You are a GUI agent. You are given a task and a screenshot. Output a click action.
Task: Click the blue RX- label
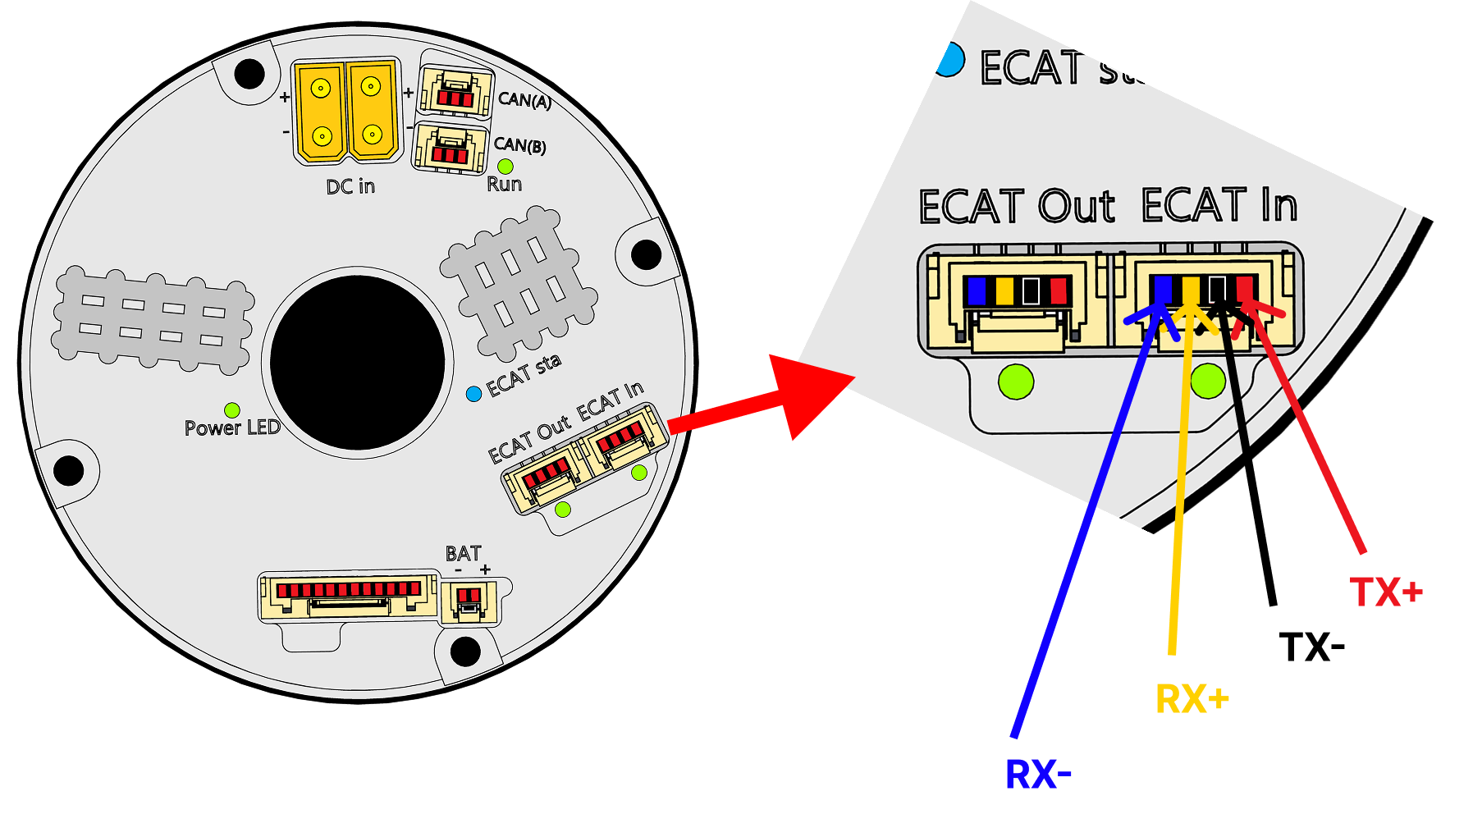(1038, 774)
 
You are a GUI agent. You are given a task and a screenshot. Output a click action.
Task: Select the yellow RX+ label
(1192, 699)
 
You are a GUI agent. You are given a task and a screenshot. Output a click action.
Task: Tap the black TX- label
(1311, 647)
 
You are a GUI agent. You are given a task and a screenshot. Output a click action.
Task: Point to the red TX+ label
(1386, 592)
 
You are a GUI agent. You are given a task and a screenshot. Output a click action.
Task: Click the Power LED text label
(232, 428)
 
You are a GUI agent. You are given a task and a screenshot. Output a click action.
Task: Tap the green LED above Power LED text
(232, 409)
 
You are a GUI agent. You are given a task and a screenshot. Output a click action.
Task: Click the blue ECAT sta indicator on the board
(473, 394)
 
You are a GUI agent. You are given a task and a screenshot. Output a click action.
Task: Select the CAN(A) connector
(456, 90)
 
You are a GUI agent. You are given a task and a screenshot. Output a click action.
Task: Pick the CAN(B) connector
(451, 148)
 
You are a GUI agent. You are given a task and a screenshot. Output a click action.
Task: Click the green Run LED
(505, 167)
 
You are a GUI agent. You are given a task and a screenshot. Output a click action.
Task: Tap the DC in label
(350, 187)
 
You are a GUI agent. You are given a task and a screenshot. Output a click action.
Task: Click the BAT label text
(463, 553)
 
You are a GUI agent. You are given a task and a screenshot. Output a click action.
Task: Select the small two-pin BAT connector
(469, 601)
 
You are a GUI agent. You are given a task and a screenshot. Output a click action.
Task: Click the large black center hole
(358, 362)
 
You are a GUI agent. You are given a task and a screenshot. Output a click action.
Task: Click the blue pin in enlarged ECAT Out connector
(977, 290)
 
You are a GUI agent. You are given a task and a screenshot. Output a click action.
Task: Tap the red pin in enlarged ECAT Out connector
(1059, 290)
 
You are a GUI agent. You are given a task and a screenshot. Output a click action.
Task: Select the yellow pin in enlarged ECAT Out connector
(1004, 290)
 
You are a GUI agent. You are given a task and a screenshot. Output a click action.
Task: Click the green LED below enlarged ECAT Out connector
(1016, 382)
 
